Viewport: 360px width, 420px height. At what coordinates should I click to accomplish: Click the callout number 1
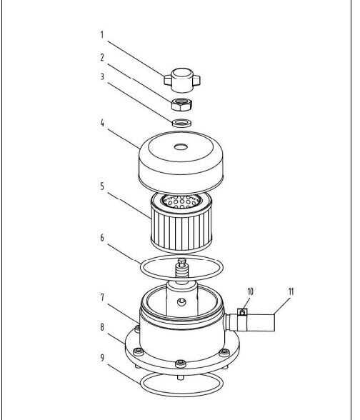point(101,35)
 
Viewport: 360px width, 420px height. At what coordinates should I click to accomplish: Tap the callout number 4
point(102,123)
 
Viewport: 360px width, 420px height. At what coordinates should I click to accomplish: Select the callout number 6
point(102,238)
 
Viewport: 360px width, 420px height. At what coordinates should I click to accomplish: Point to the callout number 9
point(102,358)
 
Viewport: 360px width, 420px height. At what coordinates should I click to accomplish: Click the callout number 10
point(251,291)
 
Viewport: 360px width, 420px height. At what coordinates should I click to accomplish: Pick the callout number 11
point(291,291)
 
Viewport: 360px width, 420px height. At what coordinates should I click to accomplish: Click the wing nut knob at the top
point(182,79)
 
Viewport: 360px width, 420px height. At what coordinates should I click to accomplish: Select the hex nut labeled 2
point(181,104)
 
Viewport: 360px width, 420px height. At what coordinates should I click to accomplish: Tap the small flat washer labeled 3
point(181,123)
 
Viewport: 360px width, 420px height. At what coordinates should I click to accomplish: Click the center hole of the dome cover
point(181,147)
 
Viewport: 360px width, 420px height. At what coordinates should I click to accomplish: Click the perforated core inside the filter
point(181,201)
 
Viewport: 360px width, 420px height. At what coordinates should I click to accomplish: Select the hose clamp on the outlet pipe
point(242,312)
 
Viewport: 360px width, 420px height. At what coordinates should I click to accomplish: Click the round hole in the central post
point(181,302)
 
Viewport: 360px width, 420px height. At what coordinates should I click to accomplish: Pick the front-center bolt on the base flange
point(181,364)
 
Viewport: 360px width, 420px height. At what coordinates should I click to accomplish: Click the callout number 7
point(102,298)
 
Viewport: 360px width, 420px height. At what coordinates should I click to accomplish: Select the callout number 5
point(102,186)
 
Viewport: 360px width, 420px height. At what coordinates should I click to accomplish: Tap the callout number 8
point(102,327)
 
